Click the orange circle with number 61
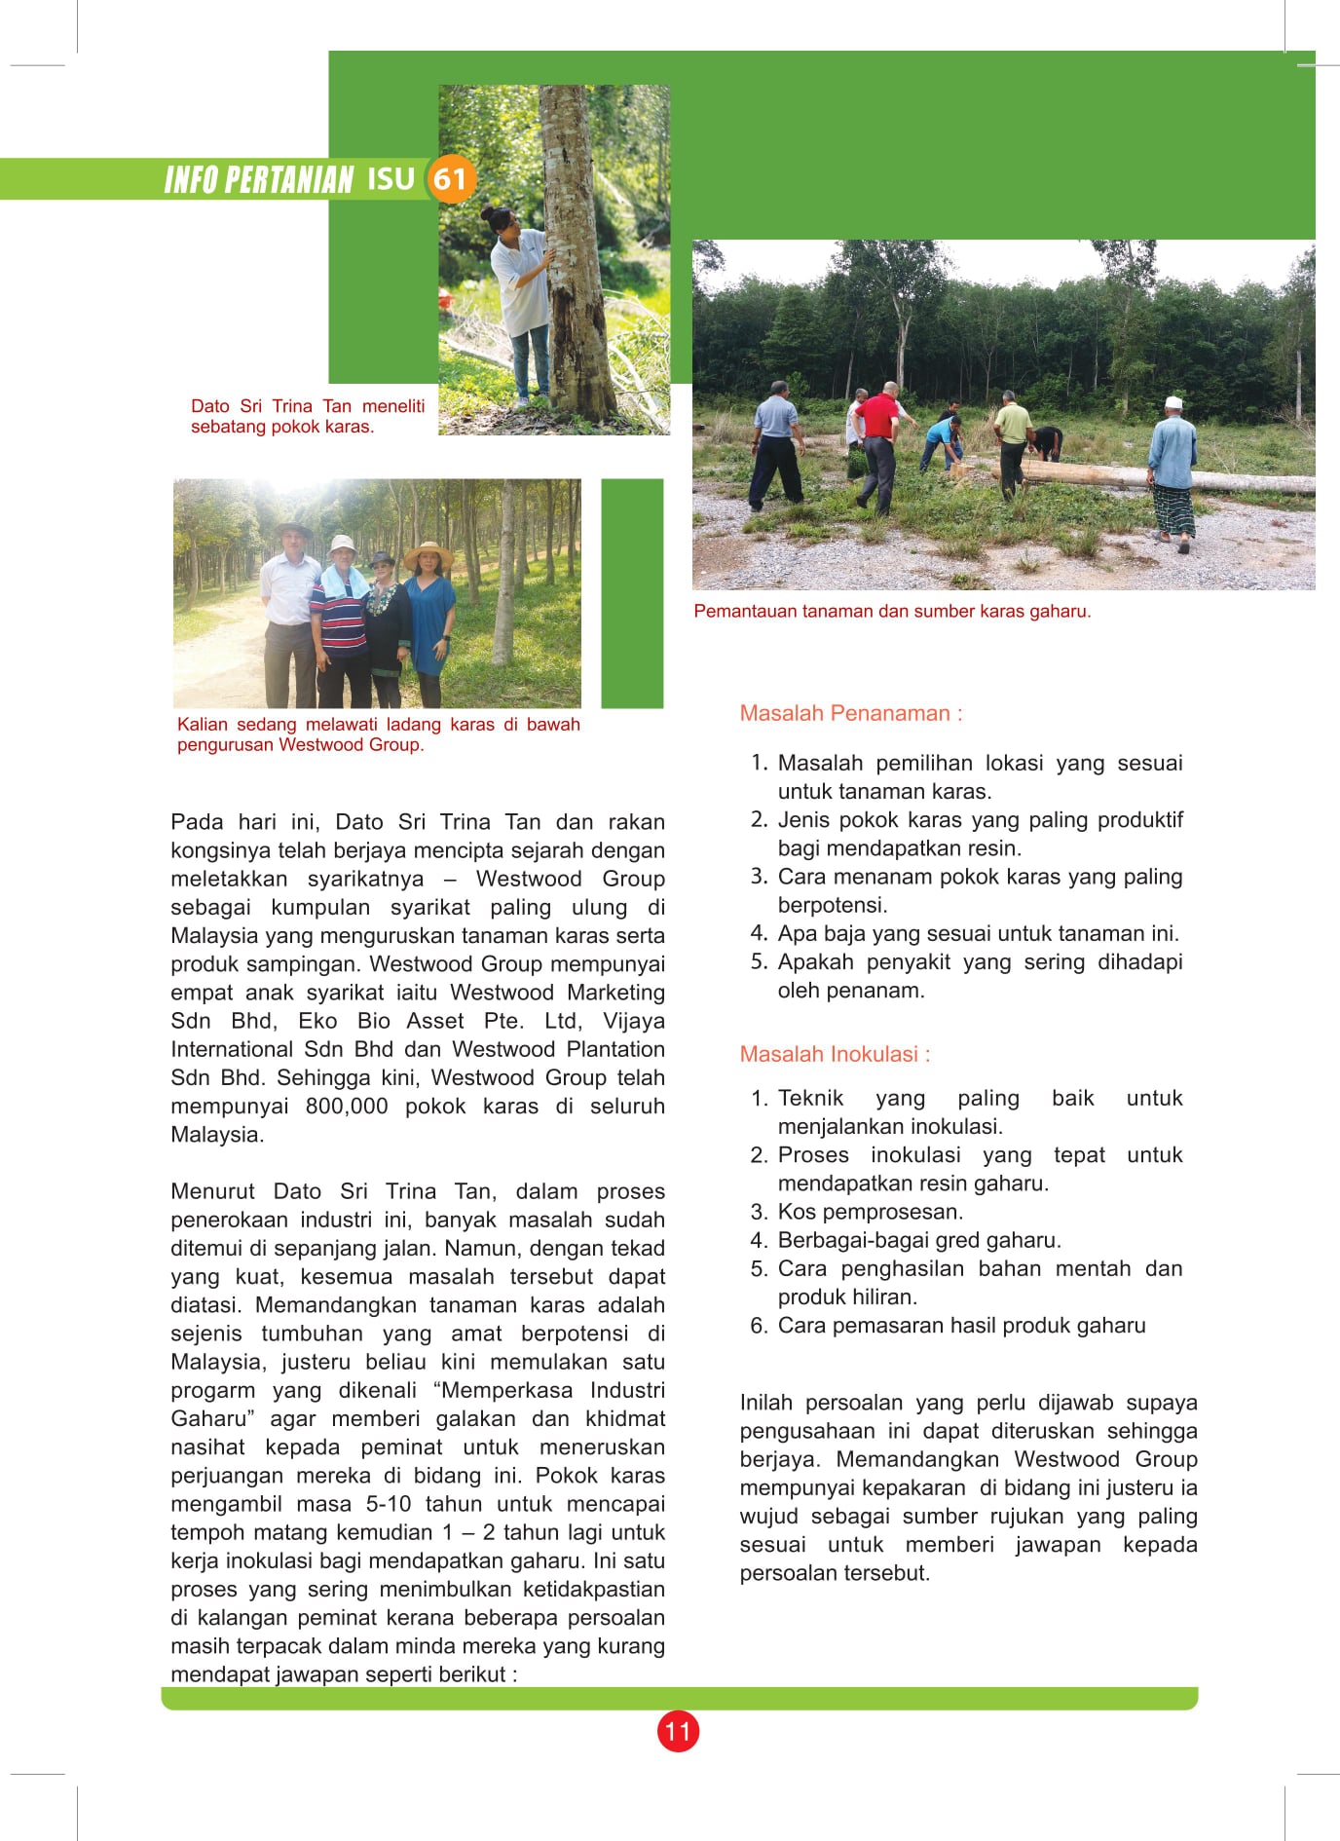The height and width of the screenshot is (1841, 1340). click(x=450, y=178)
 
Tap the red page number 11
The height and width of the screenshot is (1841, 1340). click(x=678, y=1731)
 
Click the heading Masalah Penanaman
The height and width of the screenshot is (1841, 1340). click(x=850, y=713)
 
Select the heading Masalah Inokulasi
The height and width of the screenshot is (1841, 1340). click(x=835, y=1054)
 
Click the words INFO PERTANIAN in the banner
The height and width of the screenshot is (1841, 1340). click(x=258, y=180)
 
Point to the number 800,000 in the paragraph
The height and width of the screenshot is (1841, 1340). click(x=346, y=1107)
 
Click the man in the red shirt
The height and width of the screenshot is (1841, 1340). click(x=879, y=443)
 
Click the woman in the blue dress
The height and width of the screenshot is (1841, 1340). click(x=429, y=619)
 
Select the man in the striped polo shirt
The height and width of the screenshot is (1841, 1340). click(x=340, y=623)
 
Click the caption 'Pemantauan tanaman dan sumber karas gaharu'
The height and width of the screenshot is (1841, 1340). click(x=892, y=612)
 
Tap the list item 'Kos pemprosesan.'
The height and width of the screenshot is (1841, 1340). click(x=870, y=1212)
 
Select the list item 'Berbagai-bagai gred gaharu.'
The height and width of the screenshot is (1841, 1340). click(x=918, y=1240)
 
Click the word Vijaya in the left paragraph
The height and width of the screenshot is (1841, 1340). click(x=633, y=1021)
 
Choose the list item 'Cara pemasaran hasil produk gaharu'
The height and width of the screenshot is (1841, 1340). click(x=961, y=1326)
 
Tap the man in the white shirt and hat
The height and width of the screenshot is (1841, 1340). click(x=290, y=604)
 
